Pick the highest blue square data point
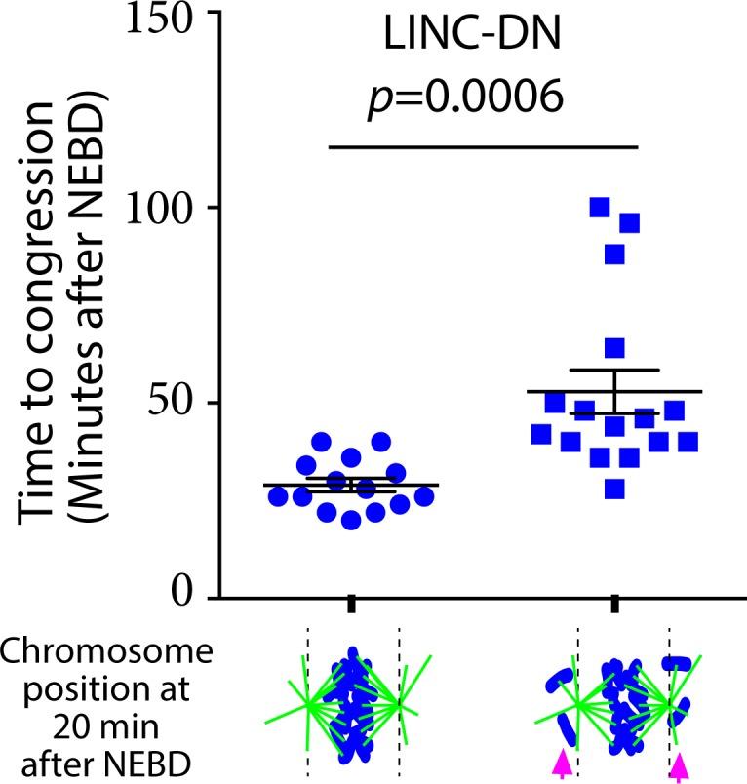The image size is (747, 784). tap(599, 207)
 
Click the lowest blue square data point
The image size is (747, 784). tap(614, 489)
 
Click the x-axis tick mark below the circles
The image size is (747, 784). tap(351, 607)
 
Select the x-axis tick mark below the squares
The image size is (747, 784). tap(614, 607)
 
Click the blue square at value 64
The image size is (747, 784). tap(614, 348)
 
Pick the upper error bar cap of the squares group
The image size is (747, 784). tap(614, 371)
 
